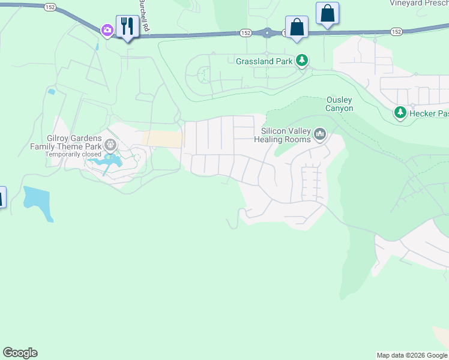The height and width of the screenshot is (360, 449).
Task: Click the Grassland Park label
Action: point(264,61)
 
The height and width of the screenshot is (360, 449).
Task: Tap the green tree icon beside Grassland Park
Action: point(303,61)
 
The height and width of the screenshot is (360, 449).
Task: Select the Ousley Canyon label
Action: point(339,104)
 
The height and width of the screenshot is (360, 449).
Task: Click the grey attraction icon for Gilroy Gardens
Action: point(110,144)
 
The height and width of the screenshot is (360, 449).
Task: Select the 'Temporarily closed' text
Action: point(73,154)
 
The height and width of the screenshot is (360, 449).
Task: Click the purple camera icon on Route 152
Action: point(107,30)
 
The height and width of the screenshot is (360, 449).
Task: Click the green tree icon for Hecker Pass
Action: point(400,112)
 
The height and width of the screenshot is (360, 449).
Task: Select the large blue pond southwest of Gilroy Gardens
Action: point(37,203)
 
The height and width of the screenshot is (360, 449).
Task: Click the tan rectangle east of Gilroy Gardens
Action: point(162,139)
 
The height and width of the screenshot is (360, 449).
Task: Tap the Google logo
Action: point(20,353)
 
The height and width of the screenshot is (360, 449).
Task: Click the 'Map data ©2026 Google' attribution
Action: point(412,355)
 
